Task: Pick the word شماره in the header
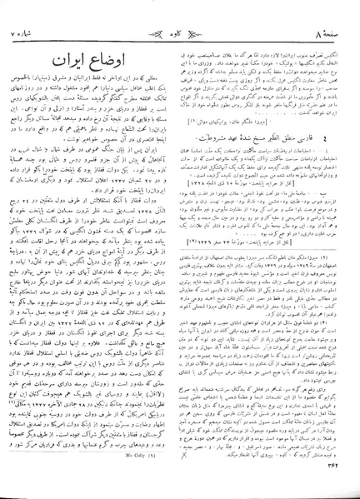click(37, 12)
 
